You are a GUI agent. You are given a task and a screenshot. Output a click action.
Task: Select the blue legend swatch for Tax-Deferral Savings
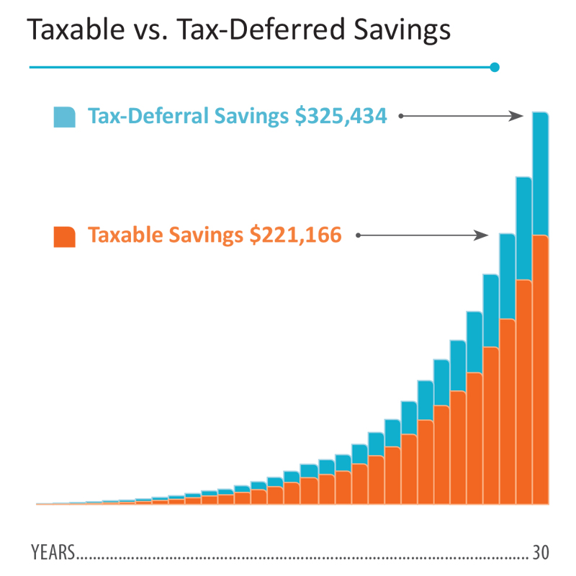64,117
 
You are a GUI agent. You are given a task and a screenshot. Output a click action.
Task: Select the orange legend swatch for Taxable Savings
64,236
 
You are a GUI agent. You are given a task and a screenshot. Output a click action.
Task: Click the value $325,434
341,116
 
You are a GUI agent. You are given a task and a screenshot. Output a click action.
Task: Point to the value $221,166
295,235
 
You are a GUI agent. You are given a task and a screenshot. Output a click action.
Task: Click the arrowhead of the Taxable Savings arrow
482,235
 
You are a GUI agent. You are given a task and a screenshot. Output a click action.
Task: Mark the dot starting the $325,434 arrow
401,116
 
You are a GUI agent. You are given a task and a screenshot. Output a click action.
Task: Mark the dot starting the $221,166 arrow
358,235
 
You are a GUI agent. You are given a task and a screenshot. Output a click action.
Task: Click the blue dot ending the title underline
494,68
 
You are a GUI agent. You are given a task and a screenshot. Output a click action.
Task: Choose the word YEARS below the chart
53,553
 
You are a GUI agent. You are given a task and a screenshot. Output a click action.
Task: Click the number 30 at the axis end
541,553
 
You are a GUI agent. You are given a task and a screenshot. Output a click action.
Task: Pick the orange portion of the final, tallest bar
540,367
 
